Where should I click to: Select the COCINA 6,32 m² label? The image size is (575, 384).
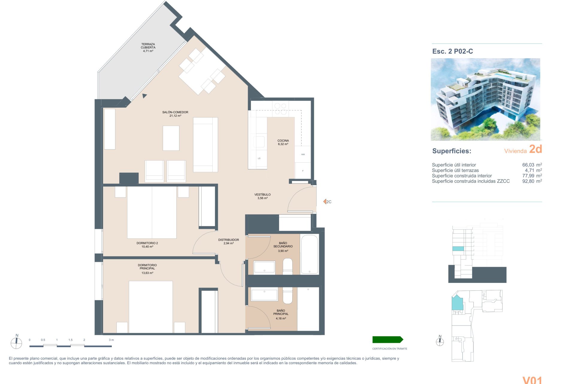(x=283, y=142)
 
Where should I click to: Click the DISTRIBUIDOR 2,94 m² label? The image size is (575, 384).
(x=229, y=241)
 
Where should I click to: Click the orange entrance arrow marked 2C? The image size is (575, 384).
(x=325, y=202)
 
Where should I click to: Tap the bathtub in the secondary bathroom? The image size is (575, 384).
(x=309, y=254)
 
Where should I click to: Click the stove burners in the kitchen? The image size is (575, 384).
(x=281, y=109)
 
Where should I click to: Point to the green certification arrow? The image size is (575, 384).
(x=388, y=340)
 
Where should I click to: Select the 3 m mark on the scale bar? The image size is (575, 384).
(x=111, y=340)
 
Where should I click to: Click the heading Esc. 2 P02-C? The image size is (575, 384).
(x=453, y=51)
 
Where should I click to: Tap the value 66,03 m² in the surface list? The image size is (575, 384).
(x=532, y=165)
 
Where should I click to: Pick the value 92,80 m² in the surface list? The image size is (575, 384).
(x=532, y=181)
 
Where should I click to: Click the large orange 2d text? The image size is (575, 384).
(x=535, y=149)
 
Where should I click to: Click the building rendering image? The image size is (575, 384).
(x=485, y=99)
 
